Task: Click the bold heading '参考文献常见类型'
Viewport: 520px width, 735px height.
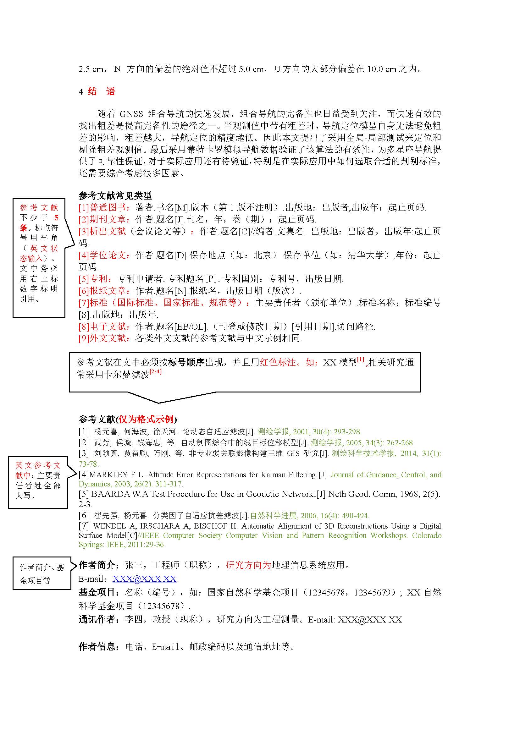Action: pyautogui.click(x=115, y=195)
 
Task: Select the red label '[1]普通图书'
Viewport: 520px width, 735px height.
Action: pyautogui.click(x=103, y=207)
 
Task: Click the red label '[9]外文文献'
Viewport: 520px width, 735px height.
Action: pyautogui.click(x=103, y=338)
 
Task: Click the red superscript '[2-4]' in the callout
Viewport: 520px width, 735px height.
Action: pyautogui.click(x=156, y=372)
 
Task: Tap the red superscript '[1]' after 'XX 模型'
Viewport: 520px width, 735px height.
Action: pyautogui.click(x=361, y=359)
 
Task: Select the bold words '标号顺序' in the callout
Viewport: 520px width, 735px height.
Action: pyautogui.click(x=186, y=362)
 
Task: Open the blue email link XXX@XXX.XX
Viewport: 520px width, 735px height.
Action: pyautogui.click(x=144, y=579)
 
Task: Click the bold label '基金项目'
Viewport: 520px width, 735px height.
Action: pyautogui.click(x=97, y=593)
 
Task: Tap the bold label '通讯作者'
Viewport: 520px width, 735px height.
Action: pyautogui.click(x=97, y=620)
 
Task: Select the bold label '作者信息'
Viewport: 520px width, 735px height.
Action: pyautogui.click(x=97, y=647)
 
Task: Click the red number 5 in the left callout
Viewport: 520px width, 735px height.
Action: pyautogui.click(x=56, y=218)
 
